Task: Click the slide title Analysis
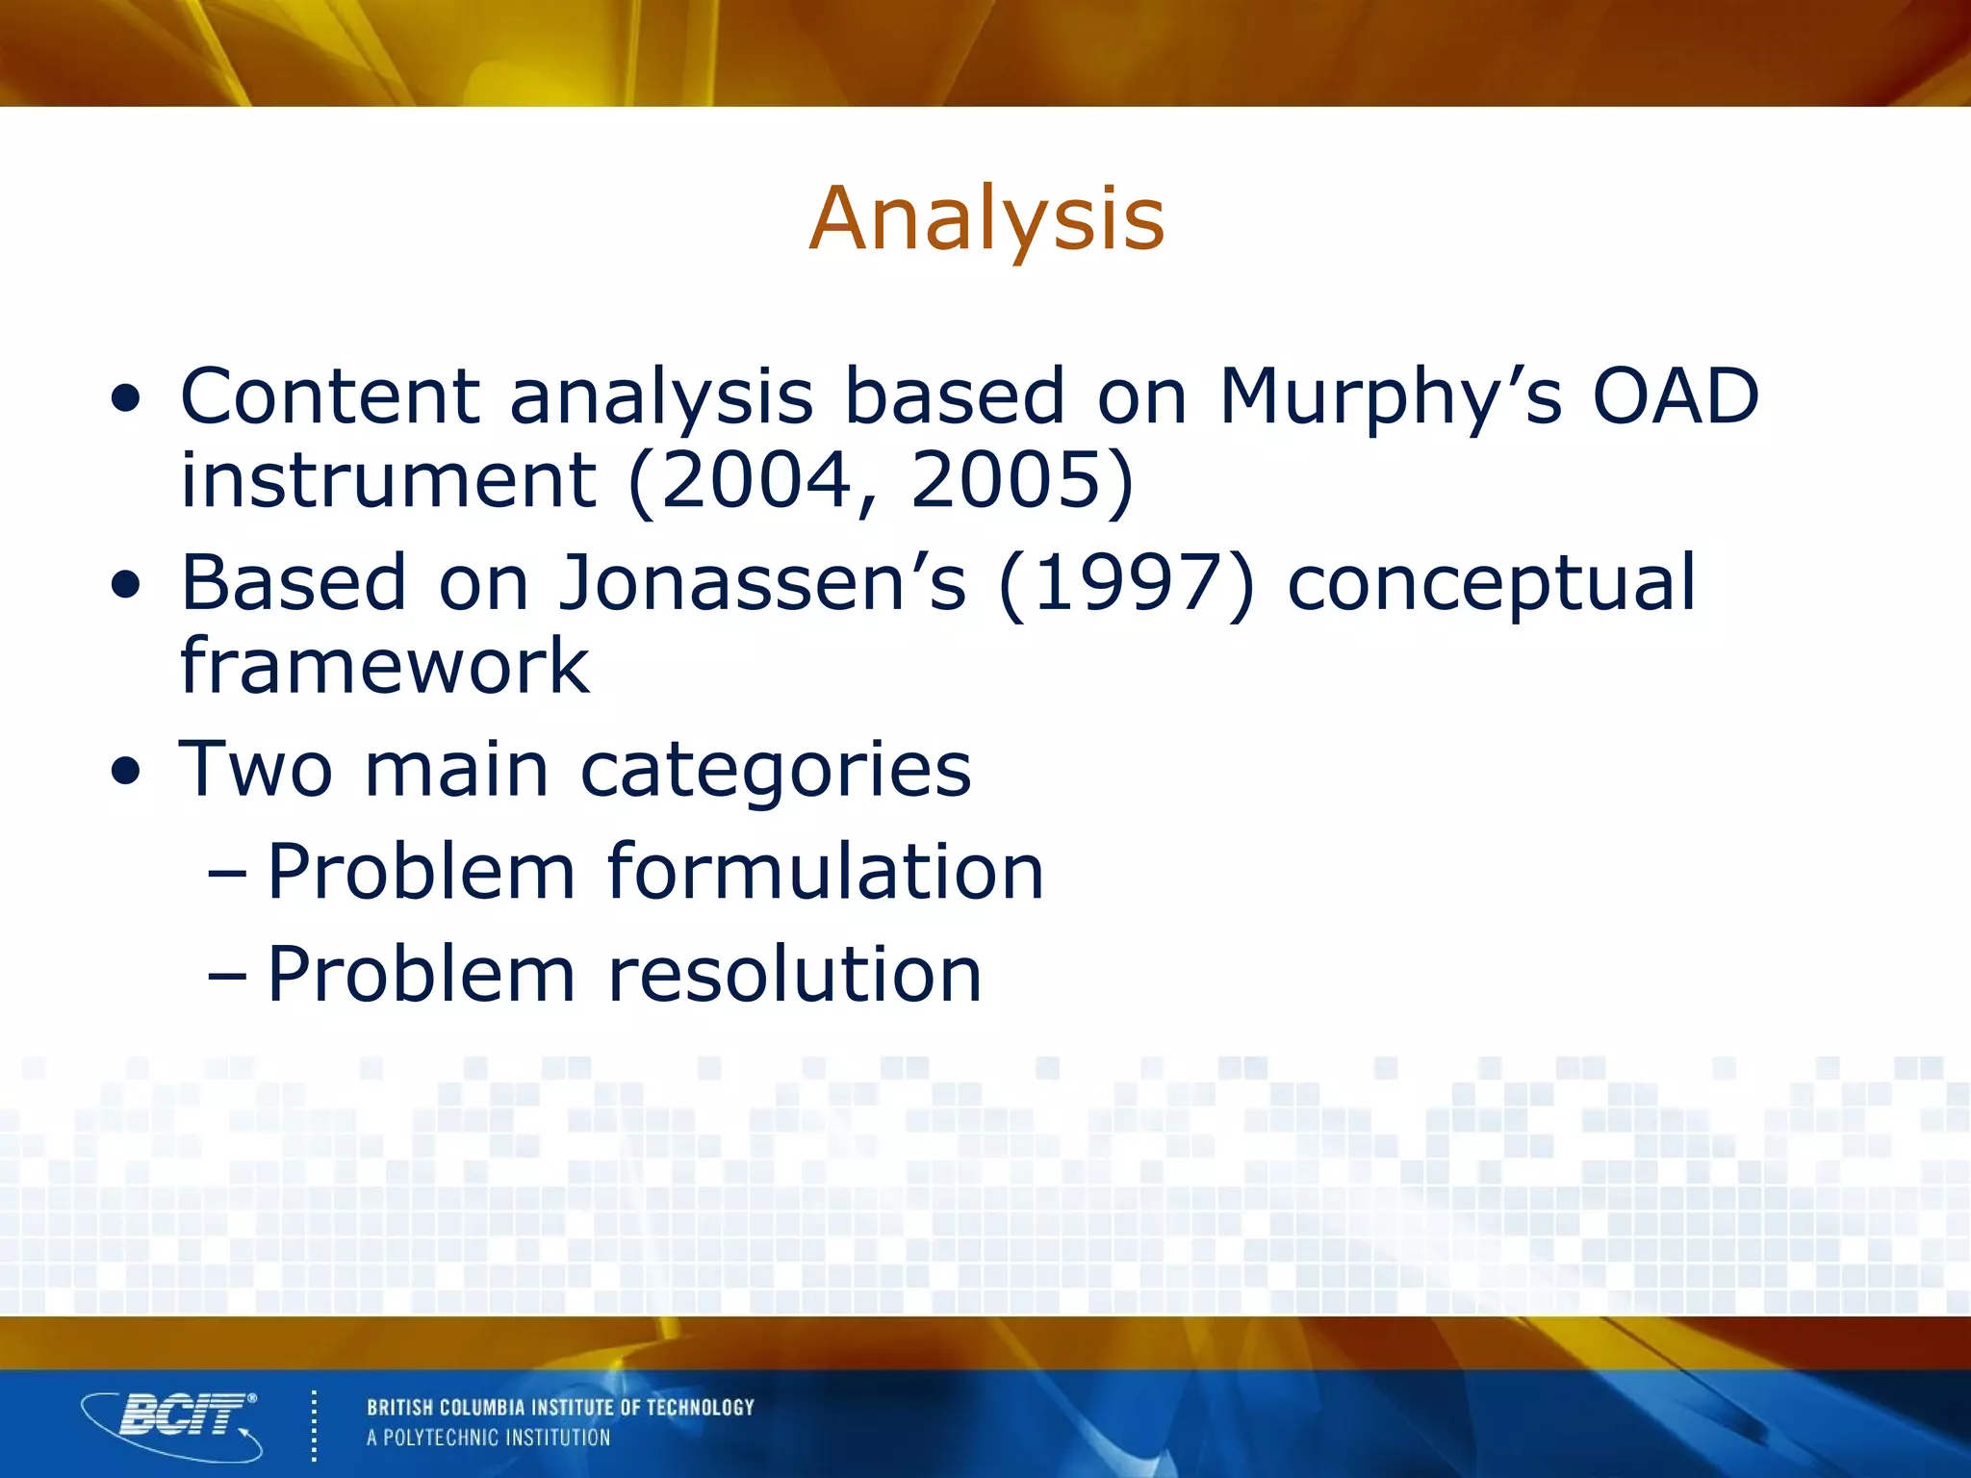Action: [986, 219]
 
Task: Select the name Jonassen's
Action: [762, 583]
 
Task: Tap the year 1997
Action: [1127, 583]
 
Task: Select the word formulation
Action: [826, 872]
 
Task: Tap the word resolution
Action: [795, 974]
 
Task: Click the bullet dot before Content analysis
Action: [126, 398]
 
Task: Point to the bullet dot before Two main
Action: [126, 772]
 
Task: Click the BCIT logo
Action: [173, 1424]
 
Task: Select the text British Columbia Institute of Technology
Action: [560, 1408]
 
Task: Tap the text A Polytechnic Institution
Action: [488, 1439]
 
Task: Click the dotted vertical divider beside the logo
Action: [314, 1424]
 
